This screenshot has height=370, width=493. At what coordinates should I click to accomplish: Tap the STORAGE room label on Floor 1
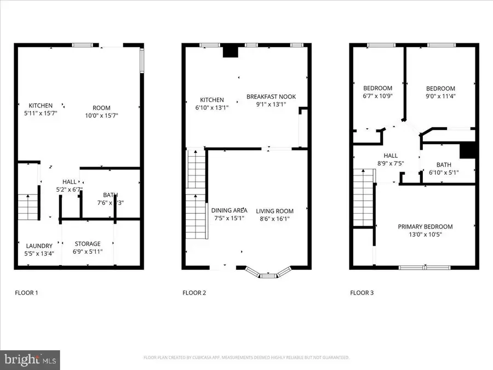coord(88,243)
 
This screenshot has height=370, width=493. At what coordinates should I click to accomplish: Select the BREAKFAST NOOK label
coord(271,96)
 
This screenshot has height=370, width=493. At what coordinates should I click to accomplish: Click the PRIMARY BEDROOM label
coord(425,227)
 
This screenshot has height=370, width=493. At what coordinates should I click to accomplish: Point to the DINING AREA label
coord(229,210)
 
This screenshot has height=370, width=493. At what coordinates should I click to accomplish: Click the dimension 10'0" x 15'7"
coord(101,116)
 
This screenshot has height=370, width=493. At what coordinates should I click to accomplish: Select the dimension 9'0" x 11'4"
coord(441,96)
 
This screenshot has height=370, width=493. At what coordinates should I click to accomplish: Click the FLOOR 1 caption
coord(26,293)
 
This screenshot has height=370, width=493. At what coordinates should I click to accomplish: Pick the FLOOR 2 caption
coord(194,293)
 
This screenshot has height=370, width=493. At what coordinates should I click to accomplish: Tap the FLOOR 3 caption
coord(362,293)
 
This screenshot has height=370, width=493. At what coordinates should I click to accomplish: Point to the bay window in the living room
coord(268,274)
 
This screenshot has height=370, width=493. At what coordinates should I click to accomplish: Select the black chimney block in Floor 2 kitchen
coord(230,51)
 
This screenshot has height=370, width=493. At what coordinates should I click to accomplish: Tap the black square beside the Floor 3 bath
coord(467,150)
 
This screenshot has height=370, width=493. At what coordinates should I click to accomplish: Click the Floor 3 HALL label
coord(391,155)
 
